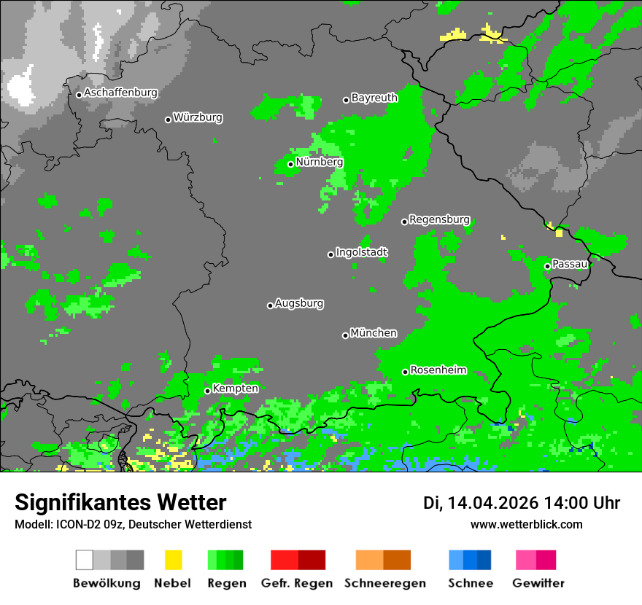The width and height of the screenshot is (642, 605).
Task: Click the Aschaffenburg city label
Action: pyautogui.click(x=120, y=93)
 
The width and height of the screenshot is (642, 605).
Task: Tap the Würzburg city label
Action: pyautogui.click(x=198, y=117)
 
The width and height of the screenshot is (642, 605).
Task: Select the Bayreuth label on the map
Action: pyautogui.click(x=374, y=98)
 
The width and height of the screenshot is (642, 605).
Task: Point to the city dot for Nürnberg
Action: pyautogui.click(x=290, y=164)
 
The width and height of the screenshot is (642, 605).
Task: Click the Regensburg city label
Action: pyautogui.click(x=439, y=219)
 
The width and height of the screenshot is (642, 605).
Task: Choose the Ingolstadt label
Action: pyautogui.click(x=362, y=252)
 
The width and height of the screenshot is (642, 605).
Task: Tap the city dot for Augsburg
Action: pyautogui.click(x=270, y=305)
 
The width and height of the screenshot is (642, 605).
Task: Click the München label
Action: pyautogui.click(x=374, y=333)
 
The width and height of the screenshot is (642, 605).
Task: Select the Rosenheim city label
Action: pyautogui.click(x=438, y=370)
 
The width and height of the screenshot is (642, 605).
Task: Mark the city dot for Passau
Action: pyautogui.click(x=547, y=266)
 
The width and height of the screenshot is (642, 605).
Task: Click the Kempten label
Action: pyautogui.click(x=235, y=389)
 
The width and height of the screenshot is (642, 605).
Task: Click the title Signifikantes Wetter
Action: pyautogui.click(x=120, y=503)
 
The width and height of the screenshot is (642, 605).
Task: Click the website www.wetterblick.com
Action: pyautogui.click(x=526, y=524)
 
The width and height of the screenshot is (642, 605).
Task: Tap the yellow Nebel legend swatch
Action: pyautogui.click(x=173, y=560)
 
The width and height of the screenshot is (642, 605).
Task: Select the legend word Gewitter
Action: pyautogui.click(x=538, y=583)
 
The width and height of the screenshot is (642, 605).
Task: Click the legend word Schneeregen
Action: pyautogui.click(x=383, y=583)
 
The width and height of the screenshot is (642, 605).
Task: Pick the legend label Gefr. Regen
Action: pyautogui.click(x=297, y=583)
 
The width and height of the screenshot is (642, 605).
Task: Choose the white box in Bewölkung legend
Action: pyautogui.click(x=85, y=560)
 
